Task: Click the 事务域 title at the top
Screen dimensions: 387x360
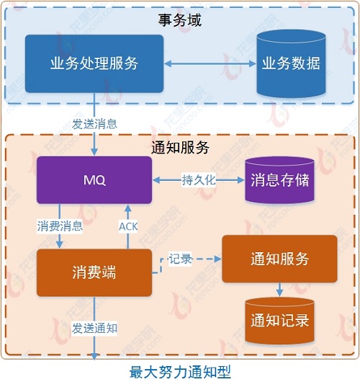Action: tap(180, 20)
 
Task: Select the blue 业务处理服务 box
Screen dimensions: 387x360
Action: tap(94, 63)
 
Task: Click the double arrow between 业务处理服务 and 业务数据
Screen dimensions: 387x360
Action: tap(210, 63)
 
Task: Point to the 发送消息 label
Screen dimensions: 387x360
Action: tap(94, 123)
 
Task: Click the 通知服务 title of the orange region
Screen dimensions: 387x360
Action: tap(180, 148)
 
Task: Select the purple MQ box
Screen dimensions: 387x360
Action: tap(94, 180)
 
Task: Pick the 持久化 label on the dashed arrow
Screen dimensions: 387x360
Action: tap(199, 180)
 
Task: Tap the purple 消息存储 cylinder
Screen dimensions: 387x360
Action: tap(280, 181)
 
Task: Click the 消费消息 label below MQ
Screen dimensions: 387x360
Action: tap(60, 226)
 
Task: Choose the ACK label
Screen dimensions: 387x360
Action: tap(127, 226)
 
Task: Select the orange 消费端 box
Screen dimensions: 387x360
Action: tap(94, 272)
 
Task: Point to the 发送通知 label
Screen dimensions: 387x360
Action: tap(94, 328)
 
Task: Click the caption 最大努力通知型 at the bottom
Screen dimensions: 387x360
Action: tap(180, 373)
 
